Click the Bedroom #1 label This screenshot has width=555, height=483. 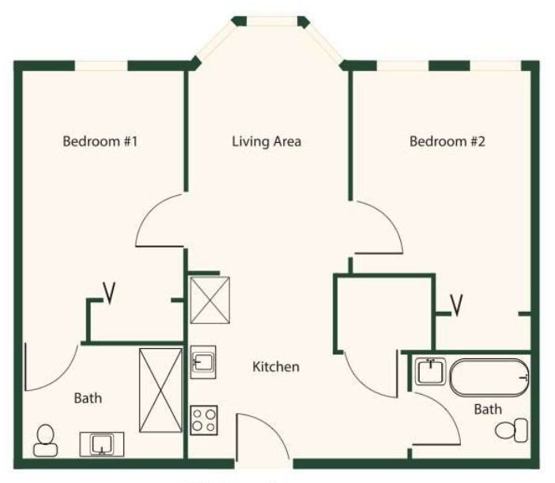point(100,141)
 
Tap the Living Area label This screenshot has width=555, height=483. point(266,142)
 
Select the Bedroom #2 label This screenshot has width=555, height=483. point(447,141)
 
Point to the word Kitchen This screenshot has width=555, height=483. point(276,367)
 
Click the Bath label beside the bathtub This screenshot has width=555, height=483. point(488,409)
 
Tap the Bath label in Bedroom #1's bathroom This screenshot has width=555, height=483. point(88,399)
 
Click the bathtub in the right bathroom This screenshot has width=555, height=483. point(489,377)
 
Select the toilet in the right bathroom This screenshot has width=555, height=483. point(512,430)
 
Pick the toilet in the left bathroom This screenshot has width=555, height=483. point(45,440)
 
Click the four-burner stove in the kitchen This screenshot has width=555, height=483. point(204,420)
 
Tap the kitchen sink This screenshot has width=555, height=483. point(203,362)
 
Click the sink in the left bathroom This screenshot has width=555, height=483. point(101,444)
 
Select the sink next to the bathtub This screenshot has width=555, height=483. point(430,372)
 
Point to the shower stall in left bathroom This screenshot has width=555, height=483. point(160,390)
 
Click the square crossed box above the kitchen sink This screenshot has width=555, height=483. point(210,300)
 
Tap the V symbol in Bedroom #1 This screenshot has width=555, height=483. point(109,293)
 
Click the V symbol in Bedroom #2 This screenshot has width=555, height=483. point(457,305)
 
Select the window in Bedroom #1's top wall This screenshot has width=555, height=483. point(101,66)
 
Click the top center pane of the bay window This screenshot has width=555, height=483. point(271,21)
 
